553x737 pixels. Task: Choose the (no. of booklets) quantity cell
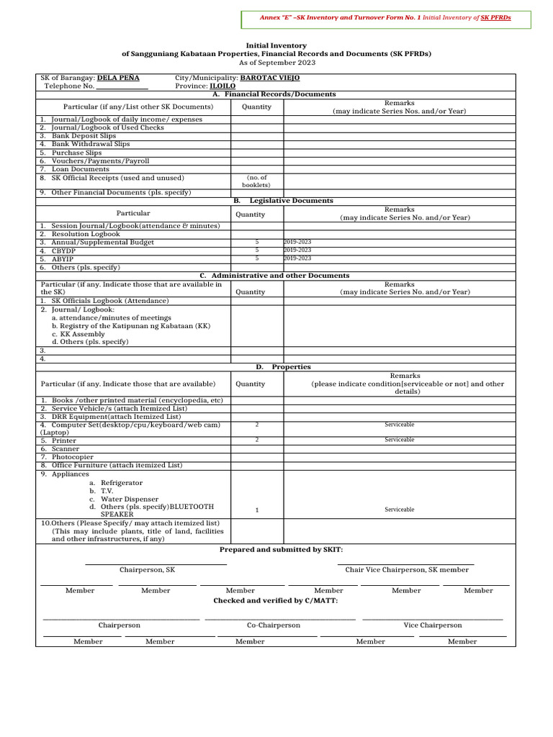(257, 181)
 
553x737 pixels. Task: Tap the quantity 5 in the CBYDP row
(257, 250)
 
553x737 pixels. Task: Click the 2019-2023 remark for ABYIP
(298, 258)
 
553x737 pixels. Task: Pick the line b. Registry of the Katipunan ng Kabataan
(131, 326)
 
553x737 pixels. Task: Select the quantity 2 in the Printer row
(257, 440)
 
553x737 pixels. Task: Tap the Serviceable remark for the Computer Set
(399, 425)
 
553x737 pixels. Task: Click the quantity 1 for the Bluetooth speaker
(257, 510)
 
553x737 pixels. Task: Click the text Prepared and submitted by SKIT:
(281, 550)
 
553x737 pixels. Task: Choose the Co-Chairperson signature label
(274, 625)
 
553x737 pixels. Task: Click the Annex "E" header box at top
(381, 17)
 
